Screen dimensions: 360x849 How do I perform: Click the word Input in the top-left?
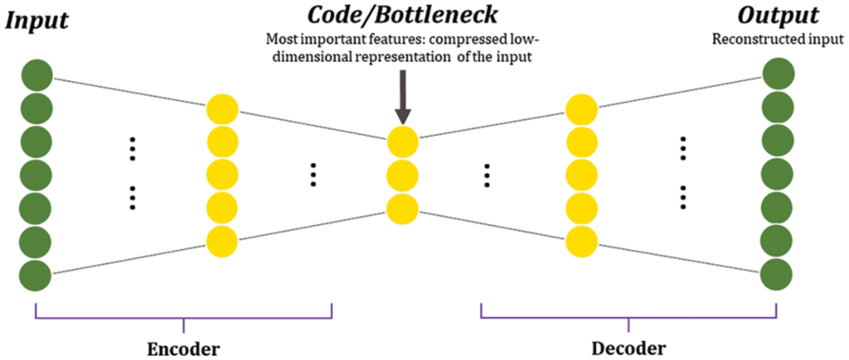[37, 20]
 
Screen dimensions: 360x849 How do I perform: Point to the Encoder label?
[183, 348]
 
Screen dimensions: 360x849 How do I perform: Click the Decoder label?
[629, 348]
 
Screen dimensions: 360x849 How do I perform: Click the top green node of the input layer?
[37, 74]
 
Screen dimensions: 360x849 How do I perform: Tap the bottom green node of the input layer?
[37, 276]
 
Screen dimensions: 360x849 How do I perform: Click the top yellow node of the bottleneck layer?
[403, 142]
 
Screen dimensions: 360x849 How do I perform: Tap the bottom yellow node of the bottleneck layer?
[403, 209]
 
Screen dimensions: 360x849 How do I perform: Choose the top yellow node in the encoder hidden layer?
[222, 109]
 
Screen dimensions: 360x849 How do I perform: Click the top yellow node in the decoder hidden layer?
[582, 109]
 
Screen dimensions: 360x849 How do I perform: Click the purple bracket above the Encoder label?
[183, 317]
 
